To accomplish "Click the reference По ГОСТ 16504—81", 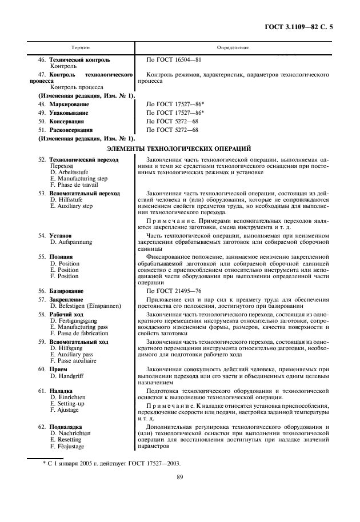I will click(174, 59).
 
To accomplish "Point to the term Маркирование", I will click(69, 105).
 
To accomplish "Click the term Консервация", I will click(67, 122).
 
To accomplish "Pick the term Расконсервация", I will click(71, 130).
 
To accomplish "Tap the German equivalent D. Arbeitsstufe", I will click(71, 172).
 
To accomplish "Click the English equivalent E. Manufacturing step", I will click(78, 178).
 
